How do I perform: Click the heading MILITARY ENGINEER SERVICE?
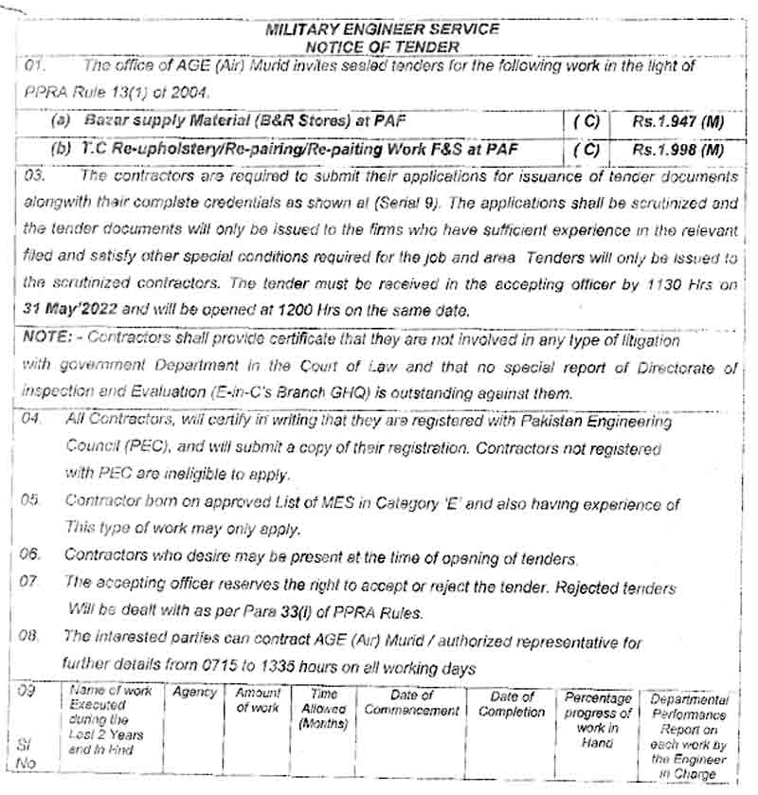click(x=382, y=29)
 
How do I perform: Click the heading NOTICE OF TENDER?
click(x=383, y=45)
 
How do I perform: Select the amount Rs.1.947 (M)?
click(x=678, y=122)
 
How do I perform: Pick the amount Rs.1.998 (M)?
click(x=678, y=150)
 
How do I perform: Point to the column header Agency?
click(x=195, y=693)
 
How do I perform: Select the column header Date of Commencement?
click(x=411, y=702)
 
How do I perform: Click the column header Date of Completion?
click(x=512, y=703)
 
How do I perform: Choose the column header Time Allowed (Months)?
click(x=324, y=709)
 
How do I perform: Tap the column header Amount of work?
click(x=257, y=700)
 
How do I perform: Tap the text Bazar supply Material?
click(x=170, y=122)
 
